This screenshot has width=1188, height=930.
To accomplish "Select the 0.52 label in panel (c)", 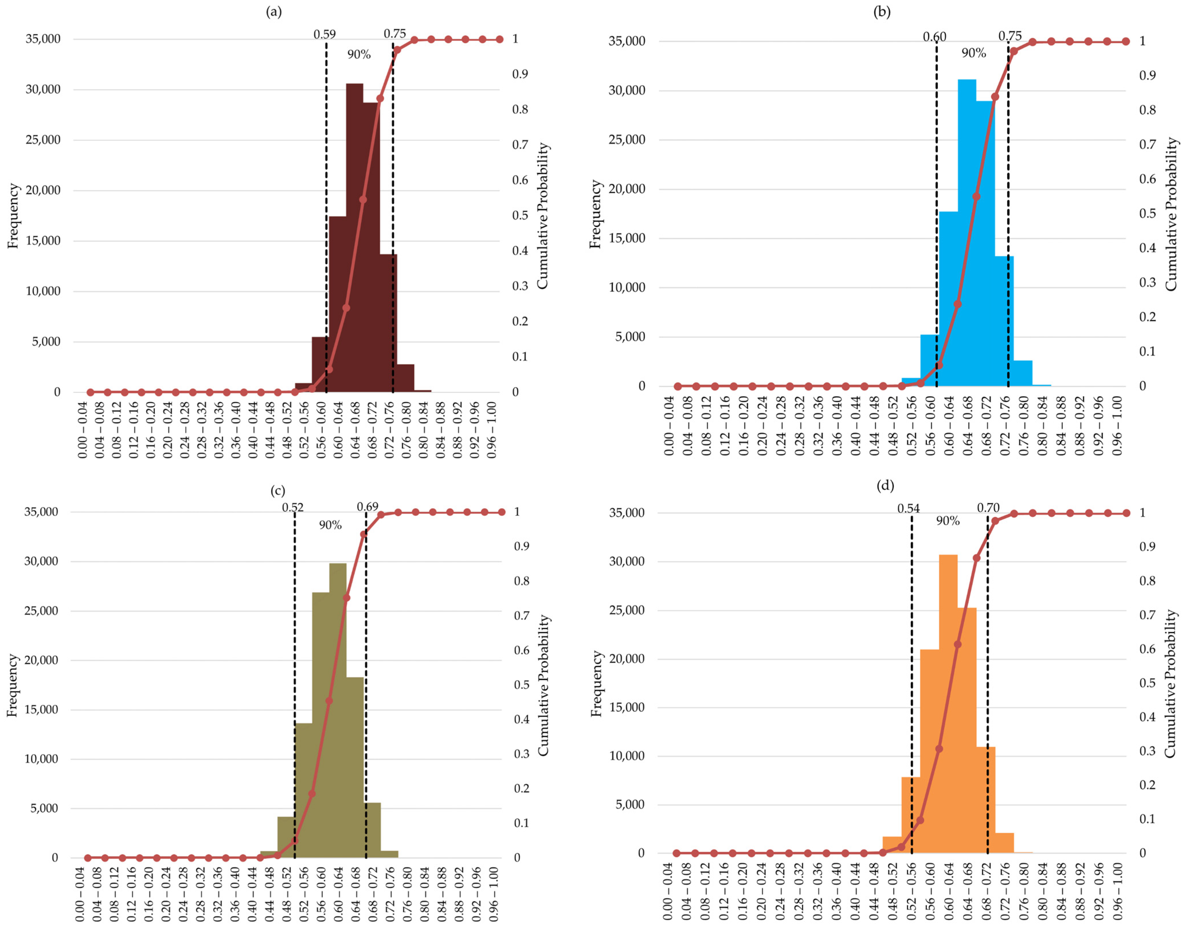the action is [293, 507].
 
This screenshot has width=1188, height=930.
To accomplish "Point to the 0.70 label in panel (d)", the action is [988, 508].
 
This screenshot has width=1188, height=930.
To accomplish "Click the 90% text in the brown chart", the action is [359, 54].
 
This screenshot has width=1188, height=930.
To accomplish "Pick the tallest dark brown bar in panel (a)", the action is [354, 238].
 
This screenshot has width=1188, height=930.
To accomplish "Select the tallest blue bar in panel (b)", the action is [967, 233].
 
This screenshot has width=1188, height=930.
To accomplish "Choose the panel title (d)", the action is [885, 485].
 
